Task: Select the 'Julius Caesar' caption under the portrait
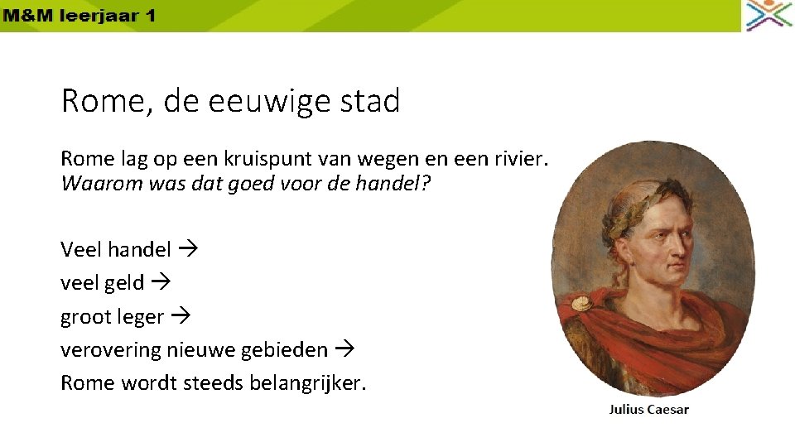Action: tap(649, 409)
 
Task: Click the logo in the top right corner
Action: tap(768, 15)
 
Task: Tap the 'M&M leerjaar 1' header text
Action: tap(78, 16)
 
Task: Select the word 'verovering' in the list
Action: tap(111, 350)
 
